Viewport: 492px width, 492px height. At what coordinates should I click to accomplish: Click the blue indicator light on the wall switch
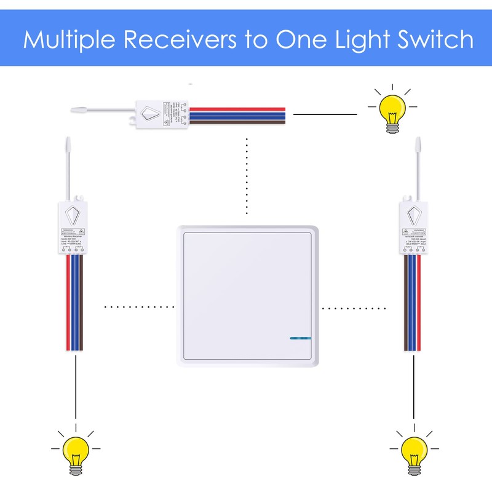300,338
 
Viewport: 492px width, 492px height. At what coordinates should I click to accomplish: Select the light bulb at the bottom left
76,451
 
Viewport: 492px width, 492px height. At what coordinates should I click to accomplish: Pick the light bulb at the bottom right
413,451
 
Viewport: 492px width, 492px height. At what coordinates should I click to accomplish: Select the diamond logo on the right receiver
413,215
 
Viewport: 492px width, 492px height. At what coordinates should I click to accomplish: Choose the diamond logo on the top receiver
151,113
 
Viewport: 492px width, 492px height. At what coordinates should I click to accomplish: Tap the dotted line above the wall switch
247,178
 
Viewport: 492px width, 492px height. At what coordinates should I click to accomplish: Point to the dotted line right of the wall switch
354,306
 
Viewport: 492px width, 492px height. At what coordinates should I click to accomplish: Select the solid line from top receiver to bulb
325,114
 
